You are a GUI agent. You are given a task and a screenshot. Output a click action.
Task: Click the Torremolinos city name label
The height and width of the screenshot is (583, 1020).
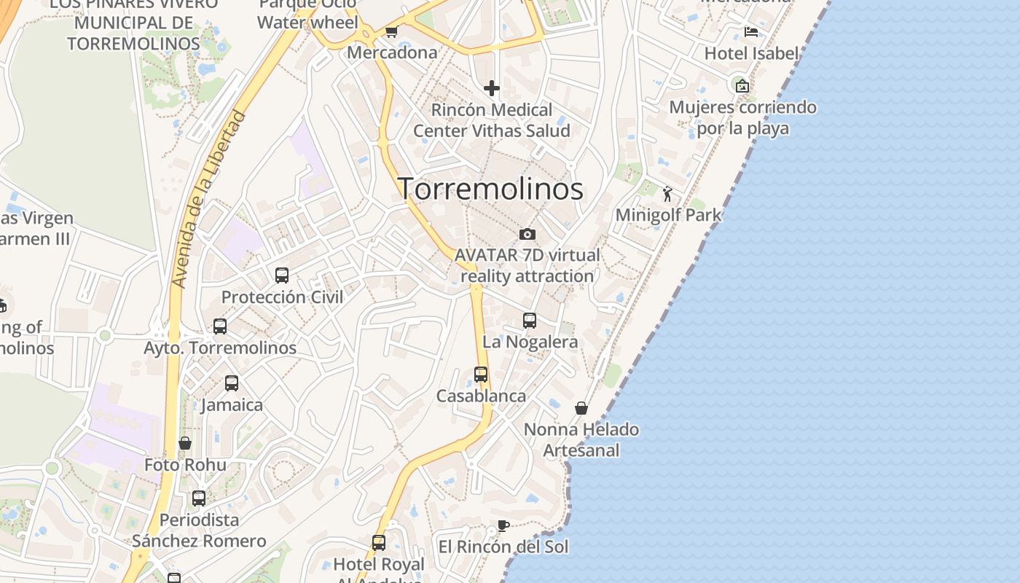490,189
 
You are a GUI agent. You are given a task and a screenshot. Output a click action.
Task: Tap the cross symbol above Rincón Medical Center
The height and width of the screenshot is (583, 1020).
492,88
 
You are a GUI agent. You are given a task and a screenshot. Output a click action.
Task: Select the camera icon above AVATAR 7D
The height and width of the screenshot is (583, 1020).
527,234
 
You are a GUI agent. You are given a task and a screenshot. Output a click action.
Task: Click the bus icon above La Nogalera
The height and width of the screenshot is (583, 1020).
530,320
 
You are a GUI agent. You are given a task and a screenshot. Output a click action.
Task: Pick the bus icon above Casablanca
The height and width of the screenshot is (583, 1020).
481,375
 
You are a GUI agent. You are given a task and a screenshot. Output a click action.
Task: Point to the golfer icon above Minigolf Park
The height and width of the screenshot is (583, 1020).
667,194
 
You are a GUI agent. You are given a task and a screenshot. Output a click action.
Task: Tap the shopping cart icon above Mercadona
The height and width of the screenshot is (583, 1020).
391,31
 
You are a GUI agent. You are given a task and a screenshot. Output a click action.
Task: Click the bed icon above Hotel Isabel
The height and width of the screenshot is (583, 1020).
751,32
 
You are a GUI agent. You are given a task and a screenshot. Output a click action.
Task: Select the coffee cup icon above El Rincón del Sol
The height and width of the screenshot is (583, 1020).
503,525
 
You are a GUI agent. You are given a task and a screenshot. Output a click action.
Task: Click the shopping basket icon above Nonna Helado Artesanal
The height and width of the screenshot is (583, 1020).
581,408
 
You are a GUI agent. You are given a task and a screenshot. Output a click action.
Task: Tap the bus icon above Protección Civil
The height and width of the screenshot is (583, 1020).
282,275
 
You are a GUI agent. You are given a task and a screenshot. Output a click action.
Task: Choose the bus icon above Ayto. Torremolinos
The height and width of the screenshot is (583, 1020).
220,326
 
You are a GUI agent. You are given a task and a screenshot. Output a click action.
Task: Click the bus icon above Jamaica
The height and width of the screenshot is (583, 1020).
232,383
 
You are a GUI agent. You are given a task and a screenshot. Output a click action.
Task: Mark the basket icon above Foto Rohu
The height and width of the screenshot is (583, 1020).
185,443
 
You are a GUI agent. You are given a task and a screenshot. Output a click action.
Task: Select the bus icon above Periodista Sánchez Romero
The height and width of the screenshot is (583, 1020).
199,498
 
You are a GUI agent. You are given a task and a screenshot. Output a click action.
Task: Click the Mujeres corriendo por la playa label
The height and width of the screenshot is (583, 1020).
742,118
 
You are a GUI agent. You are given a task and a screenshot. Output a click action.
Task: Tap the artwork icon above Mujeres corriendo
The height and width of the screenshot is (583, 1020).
742,86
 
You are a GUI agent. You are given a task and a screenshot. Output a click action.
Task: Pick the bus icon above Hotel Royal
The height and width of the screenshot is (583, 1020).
379,543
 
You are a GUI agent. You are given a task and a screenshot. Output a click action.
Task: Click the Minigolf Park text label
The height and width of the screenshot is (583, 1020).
668,215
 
